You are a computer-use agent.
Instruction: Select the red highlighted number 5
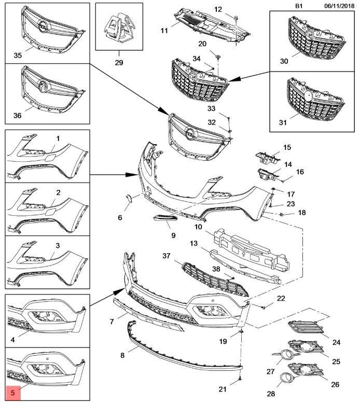point(12,394)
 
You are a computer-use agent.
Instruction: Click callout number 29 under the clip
point(119,63)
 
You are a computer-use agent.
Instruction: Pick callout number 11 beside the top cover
point(164,31)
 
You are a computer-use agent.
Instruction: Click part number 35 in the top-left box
point(17,54)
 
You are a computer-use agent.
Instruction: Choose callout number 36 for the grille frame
point(17,116)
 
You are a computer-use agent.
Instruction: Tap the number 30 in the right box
point(283,61)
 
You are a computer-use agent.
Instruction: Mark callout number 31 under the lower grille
point(283,122)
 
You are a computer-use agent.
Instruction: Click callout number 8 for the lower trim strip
point(122,356)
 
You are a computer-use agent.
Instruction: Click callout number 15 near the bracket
point(287,147)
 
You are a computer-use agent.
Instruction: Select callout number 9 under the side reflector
point(159,235)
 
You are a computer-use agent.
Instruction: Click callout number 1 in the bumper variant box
point(58,139)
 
